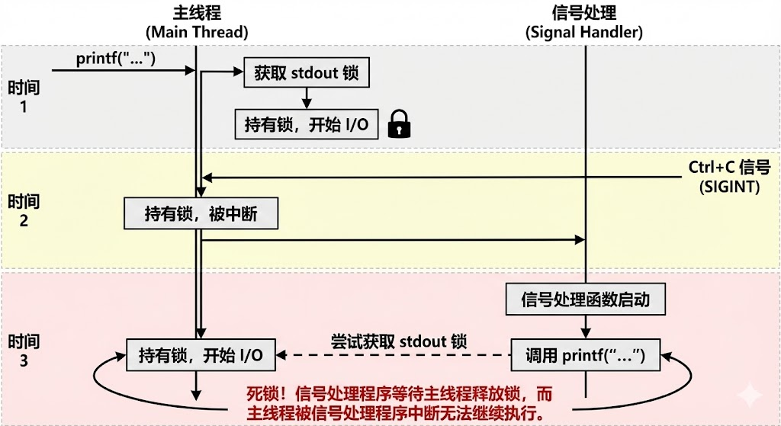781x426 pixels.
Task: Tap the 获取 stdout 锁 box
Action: point(306,74)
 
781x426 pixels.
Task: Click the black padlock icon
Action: point(399,123)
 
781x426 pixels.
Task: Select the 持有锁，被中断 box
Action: point(201,214)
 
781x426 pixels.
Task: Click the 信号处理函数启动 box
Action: point(585,299)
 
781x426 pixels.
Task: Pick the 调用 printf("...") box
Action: point(585,355)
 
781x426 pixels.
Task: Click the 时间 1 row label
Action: point(24,96)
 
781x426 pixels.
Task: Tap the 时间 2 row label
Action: point(24,211)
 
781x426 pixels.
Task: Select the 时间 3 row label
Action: point(24,351)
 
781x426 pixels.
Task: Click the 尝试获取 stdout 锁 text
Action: point(398,341)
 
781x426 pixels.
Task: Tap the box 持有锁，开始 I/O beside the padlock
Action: point(306,124)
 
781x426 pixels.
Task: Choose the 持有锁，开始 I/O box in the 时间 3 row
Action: point(201,355)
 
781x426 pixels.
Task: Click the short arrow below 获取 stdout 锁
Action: point(306,97)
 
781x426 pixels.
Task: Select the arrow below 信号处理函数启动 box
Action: point(585,326)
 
